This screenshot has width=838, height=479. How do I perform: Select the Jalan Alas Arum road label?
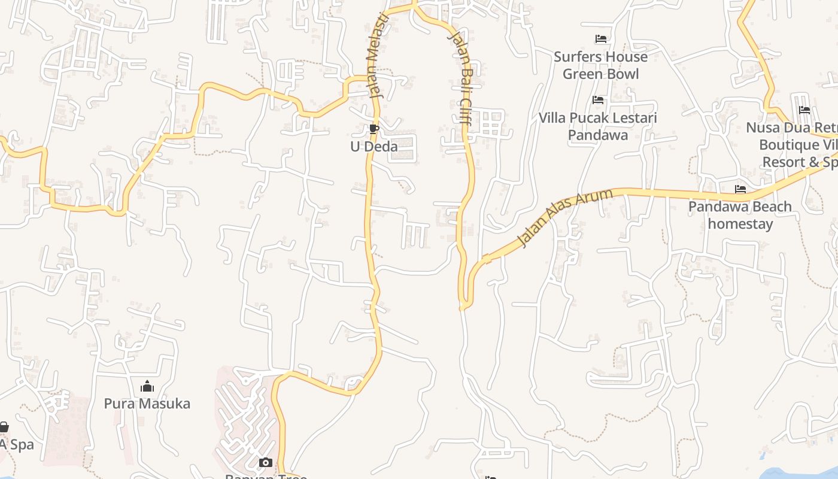coord(565,216)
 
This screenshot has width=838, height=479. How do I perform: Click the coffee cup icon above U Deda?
coord(374,129)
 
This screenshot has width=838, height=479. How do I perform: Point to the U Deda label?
coord(374,146)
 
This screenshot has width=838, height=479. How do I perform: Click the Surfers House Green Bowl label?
coord(600,65)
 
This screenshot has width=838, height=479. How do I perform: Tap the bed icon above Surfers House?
coord(601,39)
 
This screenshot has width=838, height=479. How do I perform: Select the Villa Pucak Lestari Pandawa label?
coord(597,126)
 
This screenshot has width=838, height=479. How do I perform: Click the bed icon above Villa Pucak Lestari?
coord(597,100)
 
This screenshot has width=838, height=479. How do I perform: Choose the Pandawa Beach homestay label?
coord(740,215)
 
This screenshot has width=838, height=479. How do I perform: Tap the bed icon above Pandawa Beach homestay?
coord(740,189)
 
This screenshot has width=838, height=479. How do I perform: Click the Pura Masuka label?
coord(147,404)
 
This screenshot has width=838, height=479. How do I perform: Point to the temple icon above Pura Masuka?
coord(147,386)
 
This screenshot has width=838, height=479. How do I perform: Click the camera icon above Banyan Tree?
coord(265,462)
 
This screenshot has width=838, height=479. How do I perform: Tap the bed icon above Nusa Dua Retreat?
coord(804,110)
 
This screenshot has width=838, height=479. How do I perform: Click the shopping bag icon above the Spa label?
coord(4,427)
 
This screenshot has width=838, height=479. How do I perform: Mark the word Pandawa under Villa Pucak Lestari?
coord(597,135)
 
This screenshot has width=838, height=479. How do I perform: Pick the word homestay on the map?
coord(740,224)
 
